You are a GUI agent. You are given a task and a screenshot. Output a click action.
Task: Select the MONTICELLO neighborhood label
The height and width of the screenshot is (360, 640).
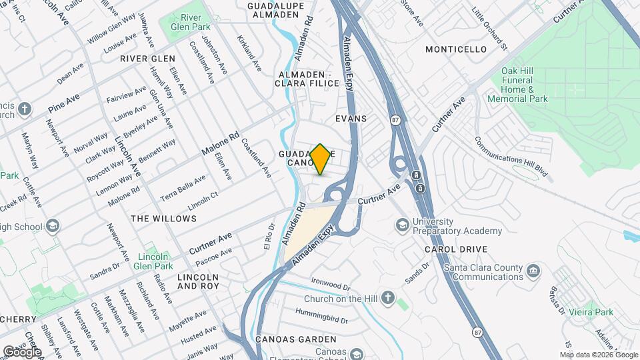(x=456, y=49)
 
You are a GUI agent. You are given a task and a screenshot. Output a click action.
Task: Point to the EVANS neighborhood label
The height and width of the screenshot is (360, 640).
(x=351, y=118)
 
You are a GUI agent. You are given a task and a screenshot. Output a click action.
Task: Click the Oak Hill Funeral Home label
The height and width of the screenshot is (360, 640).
(x=526, y=85)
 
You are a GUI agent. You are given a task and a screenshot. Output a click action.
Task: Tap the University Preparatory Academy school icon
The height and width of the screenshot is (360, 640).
(x=402, y=225)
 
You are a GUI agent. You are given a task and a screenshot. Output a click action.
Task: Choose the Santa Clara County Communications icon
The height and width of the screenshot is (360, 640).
(x=533, y=271)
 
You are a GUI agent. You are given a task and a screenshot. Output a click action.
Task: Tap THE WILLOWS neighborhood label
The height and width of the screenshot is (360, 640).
(x=163, y=219)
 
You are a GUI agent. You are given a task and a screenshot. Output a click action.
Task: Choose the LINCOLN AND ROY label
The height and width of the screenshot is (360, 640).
(x=198, y=281)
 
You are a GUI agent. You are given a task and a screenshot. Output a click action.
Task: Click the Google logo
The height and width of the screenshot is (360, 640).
(x=22, y=351)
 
